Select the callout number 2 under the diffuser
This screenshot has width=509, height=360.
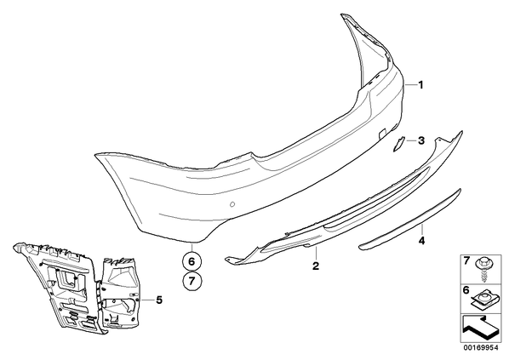point(316,266)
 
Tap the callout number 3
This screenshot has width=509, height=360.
point(421,141)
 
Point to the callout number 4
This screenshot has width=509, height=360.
point(421,241)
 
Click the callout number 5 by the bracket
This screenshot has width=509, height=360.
point(158,300)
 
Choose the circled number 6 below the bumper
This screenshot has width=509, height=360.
point(192,261)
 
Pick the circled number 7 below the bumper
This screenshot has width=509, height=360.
point(192,281)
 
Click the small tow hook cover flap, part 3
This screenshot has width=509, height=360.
point(397,144)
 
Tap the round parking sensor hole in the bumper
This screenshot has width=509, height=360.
point(232,204)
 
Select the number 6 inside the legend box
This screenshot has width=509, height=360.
point(466,290)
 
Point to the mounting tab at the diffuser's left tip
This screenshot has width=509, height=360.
point(232,260)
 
